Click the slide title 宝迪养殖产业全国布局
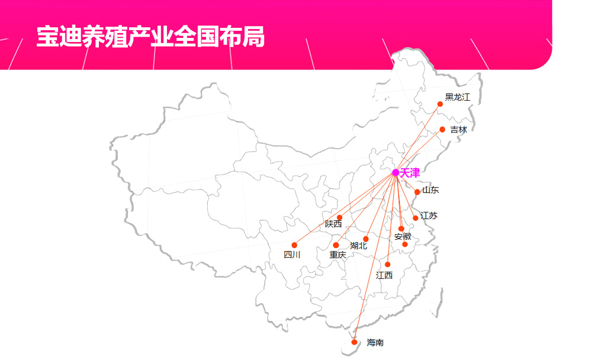pyautogui.click(x=150, y=37)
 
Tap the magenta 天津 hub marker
pyautogui.click(x=395, y=173)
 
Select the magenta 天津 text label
pyautogui.click(x=410, y=173)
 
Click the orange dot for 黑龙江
pyautogui.click(x=440, y=104)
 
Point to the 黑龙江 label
pyautogui.click(x=458, y=97)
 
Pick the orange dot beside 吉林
pyautogui.click(x=442, y=130)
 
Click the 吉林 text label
pyautogui.click(x=459, y=130)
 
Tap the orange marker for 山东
pyautogui.click(x=417, y=192)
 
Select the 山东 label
pyautogui.click(x=430, y=190)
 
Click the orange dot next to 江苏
pyautogui.click(x=416, y=218)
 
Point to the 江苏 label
pyautogui.click(x=429, y=216)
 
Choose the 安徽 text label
pyautogui.click(x=403, y=237)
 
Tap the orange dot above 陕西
pyautogui.click(x=339, y=217)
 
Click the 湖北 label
pyautogui.click(x=358, y=246)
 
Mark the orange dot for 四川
pyautogui.click(x=294, y=245)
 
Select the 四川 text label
pyautogui.click(x=292, y=255)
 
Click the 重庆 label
pyautogui.click(x=337, y=255)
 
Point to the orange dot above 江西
pyautogui.click(x=387, y=265)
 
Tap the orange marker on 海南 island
pyautogui.click(x=354, y=342)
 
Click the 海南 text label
pyautogui.click(x=375, y=343)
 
